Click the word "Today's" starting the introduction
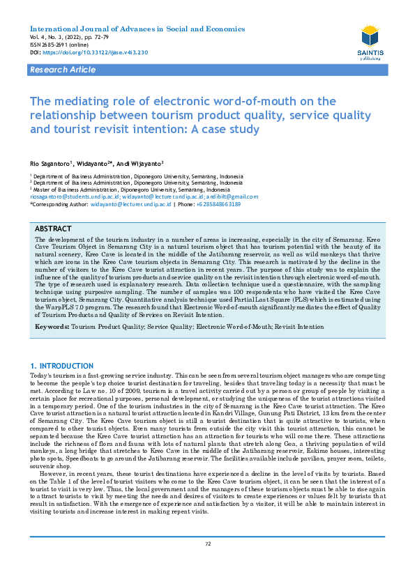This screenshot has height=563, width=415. pos(40,376)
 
